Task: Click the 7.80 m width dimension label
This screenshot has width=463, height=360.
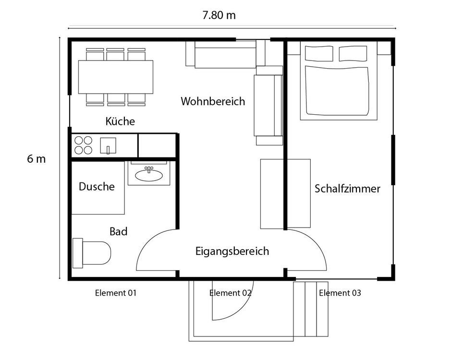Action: click(219, 15)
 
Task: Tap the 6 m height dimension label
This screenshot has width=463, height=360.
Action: click(36, 159)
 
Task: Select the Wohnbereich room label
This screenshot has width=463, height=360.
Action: click(213, 102)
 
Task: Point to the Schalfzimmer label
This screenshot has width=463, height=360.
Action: click(347, 189)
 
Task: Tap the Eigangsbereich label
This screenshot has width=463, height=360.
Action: click(232, 251)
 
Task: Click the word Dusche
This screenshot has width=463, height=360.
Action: click(97, 187)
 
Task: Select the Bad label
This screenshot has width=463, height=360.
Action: click(118, 232)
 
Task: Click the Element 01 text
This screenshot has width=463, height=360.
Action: click(116, 293)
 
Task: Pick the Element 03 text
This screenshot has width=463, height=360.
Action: click(340, 293)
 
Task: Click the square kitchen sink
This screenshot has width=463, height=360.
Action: click(108, 145)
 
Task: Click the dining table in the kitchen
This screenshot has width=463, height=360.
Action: click(116, 77)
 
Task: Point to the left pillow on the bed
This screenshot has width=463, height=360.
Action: click(319, 54)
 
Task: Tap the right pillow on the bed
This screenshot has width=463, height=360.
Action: click(353, 54)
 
